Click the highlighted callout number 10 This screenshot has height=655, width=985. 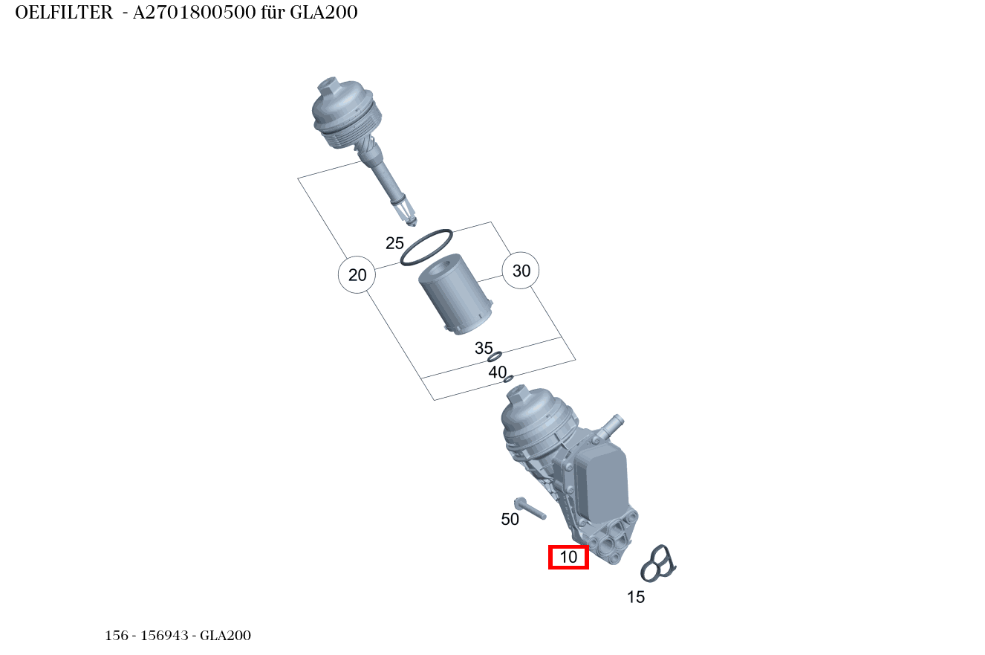click(568, 557)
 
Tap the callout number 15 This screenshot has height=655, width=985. click(635, 597)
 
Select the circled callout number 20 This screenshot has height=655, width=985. click(357, 275)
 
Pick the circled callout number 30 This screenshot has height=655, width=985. click(521, 271)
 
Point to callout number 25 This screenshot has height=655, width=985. click(394, 243)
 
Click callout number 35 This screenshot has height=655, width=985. click(484, 348)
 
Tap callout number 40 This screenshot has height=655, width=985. click(497, 372)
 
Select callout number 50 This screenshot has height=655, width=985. click(510, 520)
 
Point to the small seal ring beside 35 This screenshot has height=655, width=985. click(495, 357)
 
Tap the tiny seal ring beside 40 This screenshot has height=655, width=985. click(508, 379)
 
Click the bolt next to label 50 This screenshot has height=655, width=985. click(530, 509)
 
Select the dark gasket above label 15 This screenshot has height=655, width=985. click(658, 564)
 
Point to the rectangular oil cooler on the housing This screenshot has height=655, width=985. click(599, 485)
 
